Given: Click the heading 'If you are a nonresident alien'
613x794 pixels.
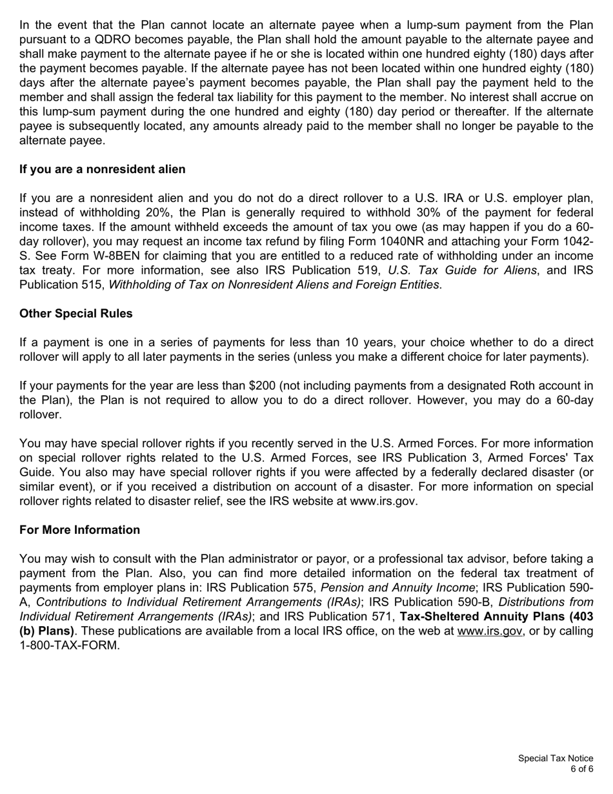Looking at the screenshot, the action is pos(102,169).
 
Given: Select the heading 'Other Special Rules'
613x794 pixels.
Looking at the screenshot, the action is pos(75,314).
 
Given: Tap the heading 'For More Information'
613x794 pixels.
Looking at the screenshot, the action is pos(79,530).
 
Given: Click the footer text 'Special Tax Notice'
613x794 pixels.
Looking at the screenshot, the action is pos(556,758).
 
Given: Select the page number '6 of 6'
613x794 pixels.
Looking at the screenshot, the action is pos(581,769).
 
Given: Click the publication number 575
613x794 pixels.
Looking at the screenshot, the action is pos(301,587).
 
